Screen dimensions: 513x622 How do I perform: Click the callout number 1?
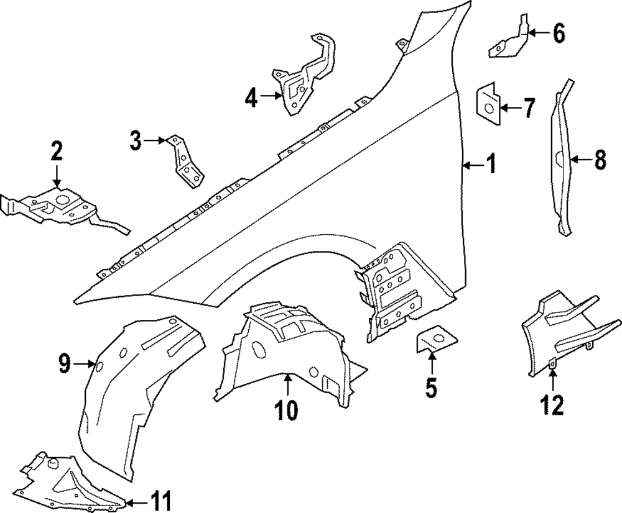(x=491, y=165)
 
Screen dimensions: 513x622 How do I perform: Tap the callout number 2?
(x=57, y=150)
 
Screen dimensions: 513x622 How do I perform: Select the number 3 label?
(x=136, y=141)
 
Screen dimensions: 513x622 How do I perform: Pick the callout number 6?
(x=559, y=34)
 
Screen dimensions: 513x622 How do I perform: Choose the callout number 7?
(x=529, y=109)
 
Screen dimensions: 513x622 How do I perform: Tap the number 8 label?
(x=599, y=160)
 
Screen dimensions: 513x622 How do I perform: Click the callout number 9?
(x=65, y=363)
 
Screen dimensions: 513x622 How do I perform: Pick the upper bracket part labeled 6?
(x=511, y=40)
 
